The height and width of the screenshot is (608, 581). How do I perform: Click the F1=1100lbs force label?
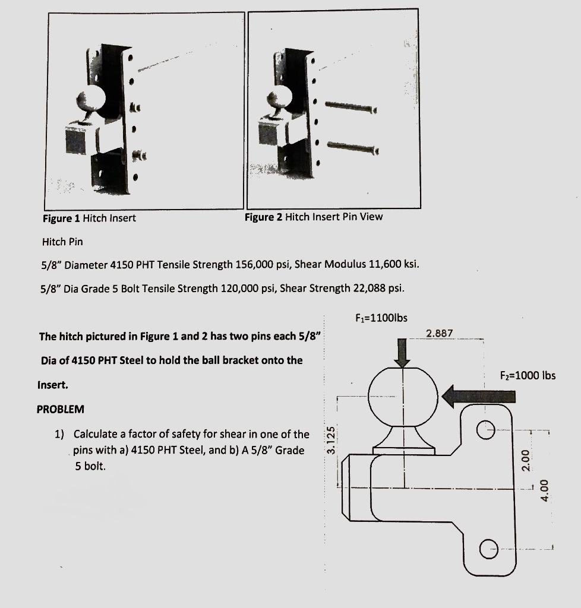(381, 318)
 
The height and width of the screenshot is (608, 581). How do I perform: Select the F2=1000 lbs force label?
(528, 375)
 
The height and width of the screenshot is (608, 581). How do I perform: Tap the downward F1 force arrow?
(403, 352)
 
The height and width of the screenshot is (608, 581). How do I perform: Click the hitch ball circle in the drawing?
(403, 395)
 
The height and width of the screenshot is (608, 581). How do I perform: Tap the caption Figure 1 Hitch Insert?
(89, 218)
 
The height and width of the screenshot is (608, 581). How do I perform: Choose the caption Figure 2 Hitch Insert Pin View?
(314, 217)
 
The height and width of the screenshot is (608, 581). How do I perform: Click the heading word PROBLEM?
(61, 409)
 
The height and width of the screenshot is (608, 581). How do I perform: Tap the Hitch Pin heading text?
(62, 242)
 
